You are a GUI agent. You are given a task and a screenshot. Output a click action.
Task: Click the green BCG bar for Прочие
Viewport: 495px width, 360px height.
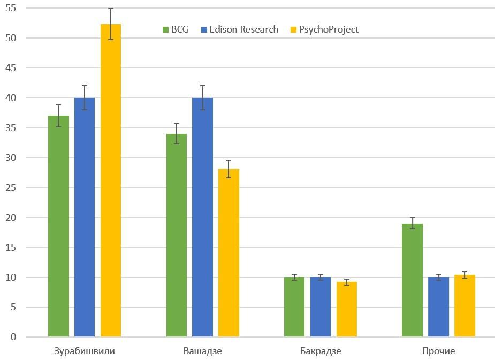tap(412, 280)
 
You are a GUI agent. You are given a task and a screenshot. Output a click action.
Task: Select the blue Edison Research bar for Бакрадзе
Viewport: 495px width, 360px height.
tap(320, 307)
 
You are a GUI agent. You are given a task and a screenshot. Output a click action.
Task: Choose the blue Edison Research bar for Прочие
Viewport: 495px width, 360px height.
tap(438, 307)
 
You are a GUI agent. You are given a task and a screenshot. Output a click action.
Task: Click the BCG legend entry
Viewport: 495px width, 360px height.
tap(176, 29)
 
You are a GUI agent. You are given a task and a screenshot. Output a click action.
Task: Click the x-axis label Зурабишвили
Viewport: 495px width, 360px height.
tap(85, 351)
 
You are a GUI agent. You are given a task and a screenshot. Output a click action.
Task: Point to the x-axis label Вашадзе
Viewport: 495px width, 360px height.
tap(202, 351)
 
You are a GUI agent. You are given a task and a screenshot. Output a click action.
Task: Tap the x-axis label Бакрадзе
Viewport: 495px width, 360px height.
tap(321, 351)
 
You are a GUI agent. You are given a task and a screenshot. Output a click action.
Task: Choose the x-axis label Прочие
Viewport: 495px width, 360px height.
tap(438, 351)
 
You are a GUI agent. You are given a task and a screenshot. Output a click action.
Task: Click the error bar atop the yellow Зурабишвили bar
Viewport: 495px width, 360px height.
tap(111, 24)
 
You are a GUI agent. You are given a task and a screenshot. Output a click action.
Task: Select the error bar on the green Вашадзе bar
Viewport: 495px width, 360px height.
tap(176, 134)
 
